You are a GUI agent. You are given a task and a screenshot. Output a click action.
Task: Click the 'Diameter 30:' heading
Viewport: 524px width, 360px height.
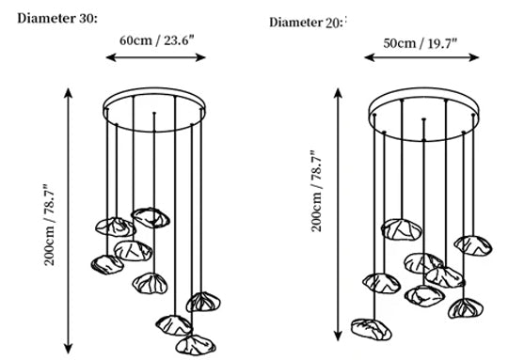(x=57, y=19)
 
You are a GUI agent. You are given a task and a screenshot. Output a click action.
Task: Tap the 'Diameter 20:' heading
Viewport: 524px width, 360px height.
(x=306, y=23)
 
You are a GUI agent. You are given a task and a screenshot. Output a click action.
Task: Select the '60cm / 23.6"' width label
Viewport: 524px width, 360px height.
(x=157, y=40)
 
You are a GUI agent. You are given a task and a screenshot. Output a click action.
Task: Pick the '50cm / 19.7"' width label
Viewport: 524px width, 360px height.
(x=420, y=43)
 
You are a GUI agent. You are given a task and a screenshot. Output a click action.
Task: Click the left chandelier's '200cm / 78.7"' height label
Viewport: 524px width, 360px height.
(x=49, y=225)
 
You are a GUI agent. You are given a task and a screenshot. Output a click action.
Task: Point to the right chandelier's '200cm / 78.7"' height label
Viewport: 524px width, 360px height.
(x=316, y=191)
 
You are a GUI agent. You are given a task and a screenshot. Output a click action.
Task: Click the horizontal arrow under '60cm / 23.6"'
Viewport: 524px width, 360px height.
(x=156, y=57)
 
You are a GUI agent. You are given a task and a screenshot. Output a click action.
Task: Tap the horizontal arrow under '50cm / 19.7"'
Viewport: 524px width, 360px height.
(x=421, y=57)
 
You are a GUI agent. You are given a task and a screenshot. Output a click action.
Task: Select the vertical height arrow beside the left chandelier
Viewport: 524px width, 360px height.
(x=68, y=221)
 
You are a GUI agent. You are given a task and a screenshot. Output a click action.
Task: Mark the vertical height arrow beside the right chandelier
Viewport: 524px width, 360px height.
(x=338, y=214)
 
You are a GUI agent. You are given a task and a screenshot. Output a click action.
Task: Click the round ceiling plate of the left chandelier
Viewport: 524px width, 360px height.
(x=154, y=88)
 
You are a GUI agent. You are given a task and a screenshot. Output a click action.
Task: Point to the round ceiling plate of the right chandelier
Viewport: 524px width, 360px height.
(x=423, y=88)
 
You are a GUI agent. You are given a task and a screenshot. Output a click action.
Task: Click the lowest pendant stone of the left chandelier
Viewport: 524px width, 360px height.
(x=196, y=345)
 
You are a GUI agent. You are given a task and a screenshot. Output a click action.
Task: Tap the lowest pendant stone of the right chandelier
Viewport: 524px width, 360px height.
(x=372, y=329)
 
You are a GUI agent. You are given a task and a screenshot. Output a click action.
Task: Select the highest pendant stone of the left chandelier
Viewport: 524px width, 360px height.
(x=151, y=218)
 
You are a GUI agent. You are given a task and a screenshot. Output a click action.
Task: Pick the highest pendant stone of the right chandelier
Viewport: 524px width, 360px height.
(x=402, y=229)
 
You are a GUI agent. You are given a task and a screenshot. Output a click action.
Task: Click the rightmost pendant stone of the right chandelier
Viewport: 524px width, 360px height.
(x=473, y=245)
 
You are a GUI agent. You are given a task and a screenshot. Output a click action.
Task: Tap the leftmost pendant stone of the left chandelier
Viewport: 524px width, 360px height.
(x=107, y=265)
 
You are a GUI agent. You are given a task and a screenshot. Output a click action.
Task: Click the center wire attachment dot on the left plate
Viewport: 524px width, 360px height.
(x=154, y=113)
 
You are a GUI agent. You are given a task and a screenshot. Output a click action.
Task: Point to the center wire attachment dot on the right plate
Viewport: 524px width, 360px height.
(x=423, y=119)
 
